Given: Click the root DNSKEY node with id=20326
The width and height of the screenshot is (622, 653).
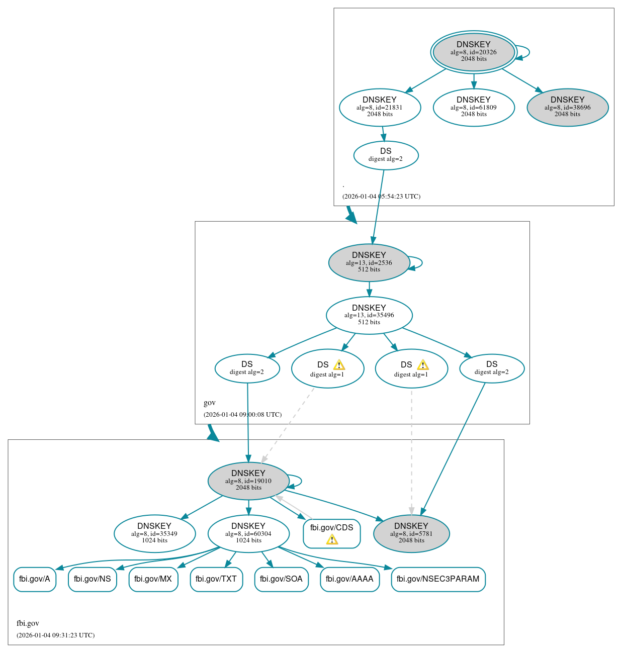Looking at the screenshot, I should coord(473,52).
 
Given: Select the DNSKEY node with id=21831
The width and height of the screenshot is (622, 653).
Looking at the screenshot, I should coord(380,107).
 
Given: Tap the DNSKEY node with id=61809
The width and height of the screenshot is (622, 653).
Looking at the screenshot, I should coord(473,107).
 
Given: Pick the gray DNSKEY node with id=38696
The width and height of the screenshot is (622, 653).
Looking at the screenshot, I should coord(567,107).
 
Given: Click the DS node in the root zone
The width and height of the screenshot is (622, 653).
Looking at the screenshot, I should coord(386,155).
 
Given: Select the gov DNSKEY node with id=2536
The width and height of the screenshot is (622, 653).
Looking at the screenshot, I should coord(369,262).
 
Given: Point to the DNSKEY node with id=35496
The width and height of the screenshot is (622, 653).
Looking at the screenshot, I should coord(369,315).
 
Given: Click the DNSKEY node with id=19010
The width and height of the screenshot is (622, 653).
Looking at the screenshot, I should coord(248,481).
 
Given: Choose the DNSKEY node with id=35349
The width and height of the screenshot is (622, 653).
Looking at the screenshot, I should coord(154,534).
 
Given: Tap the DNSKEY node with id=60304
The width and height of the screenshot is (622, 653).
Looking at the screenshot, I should coord(248,534).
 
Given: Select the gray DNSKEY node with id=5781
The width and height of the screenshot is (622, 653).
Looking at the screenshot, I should coord(411,534).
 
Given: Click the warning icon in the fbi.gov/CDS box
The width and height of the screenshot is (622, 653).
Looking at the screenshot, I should coord(332,540).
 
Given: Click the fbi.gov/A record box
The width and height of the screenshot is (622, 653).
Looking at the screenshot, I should coord(35,579).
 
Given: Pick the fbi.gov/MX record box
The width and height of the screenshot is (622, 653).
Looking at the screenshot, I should coord(153,579).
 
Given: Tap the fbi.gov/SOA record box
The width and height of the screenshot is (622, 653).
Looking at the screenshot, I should coord(281,579).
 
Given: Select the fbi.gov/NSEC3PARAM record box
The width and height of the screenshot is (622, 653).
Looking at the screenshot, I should coord(438,579).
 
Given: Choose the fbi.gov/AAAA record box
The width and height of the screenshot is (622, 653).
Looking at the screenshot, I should coord(349,579).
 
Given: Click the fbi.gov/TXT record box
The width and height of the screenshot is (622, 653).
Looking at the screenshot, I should coord(216,579).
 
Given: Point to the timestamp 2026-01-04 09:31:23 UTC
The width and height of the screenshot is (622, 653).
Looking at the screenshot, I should coord(55,635).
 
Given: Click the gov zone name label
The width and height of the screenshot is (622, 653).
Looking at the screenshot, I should coord(210,403).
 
